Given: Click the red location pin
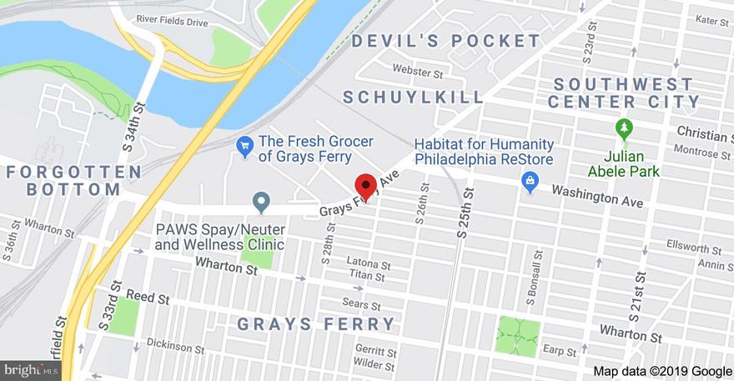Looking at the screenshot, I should coord(365,187).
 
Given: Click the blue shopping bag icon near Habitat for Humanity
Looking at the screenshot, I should coord(529,180).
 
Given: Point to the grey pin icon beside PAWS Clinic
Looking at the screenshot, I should coord(261,202).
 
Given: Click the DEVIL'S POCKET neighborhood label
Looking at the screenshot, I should coord(446,41).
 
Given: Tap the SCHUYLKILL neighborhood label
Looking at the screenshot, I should coord(414,98).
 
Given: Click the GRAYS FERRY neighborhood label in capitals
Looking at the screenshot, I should coord(316,324).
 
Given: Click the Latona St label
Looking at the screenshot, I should coord(369,263).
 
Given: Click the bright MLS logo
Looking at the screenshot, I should coord(31,369).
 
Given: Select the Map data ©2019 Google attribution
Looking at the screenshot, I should coord(662,371).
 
